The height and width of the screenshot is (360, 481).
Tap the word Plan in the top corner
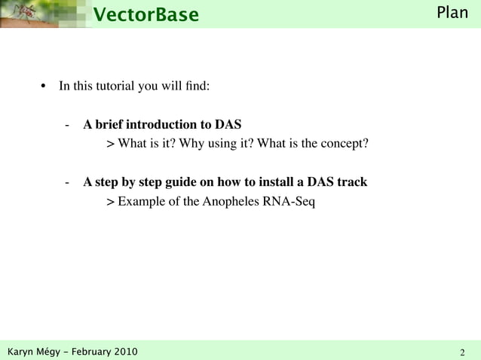point(453,13)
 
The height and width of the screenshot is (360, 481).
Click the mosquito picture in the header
point(30,14)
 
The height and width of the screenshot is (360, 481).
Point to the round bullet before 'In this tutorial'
point(43,86)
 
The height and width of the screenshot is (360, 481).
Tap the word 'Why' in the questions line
point(186,142)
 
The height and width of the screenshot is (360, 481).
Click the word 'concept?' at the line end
point(345,142)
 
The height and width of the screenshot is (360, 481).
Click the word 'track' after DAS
point(351,182)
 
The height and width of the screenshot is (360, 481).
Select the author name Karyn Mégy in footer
point(35,352)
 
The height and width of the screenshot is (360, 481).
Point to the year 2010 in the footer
point(126,352)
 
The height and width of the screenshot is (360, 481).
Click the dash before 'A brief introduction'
point(68,124)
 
